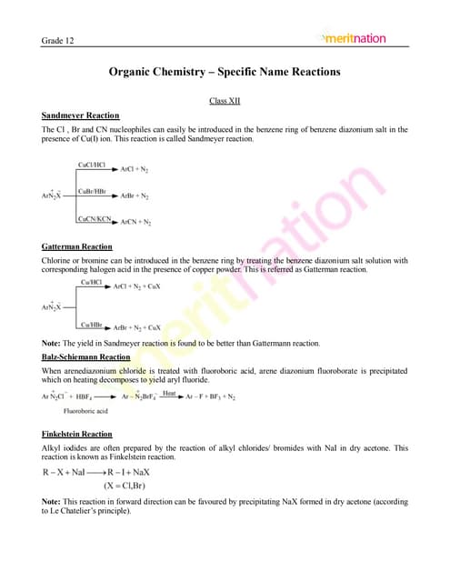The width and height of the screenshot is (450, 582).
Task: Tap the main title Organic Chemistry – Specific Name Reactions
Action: [225, 71]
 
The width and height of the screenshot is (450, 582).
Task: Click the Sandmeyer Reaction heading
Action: [81, 115]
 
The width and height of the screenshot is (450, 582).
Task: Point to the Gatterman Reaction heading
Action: [77, 246]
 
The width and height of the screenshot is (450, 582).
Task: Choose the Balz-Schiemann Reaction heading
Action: [86, 357]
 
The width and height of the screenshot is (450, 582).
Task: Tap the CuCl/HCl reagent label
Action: [93, 167]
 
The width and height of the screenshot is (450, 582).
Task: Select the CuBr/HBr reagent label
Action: [94, 191]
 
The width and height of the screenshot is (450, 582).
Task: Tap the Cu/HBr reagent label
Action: [91, 324]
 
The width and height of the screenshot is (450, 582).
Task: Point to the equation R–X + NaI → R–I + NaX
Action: [95, 472]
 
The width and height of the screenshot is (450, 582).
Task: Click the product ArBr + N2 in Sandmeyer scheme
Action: [135, 196]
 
